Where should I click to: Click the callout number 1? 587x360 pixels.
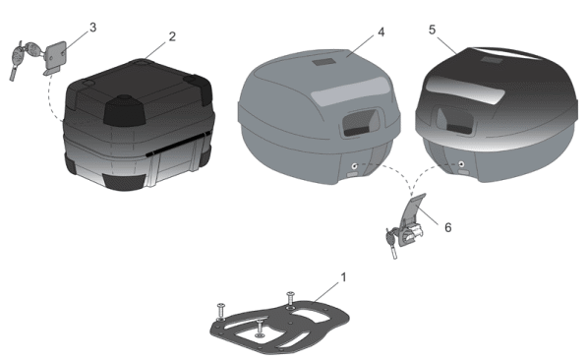[x=343, y=277]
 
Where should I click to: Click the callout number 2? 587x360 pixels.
[x=172, y=36]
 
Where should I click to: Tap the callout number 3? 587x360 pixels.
[x=92, y=28]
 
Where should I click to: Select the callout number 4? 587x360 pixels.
[x=381, y=32]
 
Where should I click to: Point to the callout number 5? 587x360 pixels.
[x=432, y=30]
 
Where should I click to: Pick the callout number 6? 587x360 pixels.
[x=447, y=227]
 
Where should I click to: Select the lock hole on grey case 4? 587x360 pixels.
[x=354, y=165]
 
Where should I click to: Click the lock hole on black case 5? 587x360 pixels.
[x=461, y=164]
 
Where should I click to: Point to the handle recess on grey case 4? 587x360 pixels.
[x=360, y=123]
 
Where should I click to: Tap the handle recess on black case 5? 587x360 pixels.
[x=455, y=121]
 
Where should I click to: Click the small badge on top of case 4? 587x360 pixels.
[x=324, y=62]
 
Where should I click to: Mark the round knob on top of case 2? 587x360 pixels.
[x=124, y=99]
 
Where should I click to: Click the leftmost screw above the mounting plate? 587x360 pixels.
[x=220, y=311]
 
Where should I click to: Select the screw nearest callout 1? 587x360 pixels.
[x=290, y=299]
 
